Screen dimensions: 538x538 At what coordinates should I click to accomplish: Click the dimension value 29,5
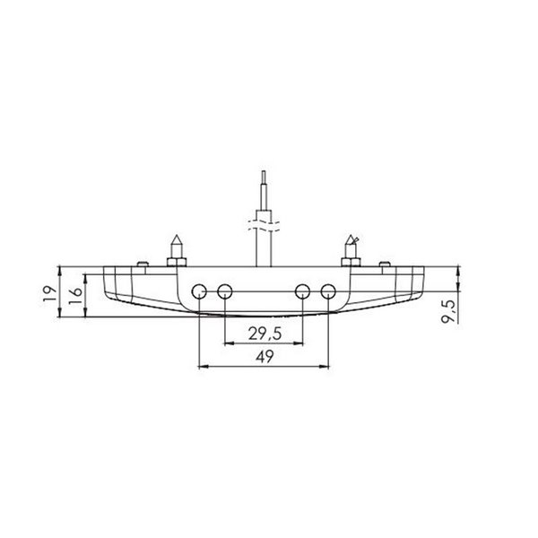264,334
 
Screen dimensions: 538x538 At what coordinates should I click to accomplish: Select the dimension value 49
264,356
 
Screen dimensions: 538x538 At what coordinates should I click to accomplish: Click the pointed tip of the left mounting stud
175,237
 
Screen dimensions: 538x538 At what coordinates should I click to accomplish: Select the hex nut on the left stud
175,261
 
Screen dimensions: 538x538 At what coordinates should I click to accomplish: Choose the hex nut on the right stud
351,261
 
